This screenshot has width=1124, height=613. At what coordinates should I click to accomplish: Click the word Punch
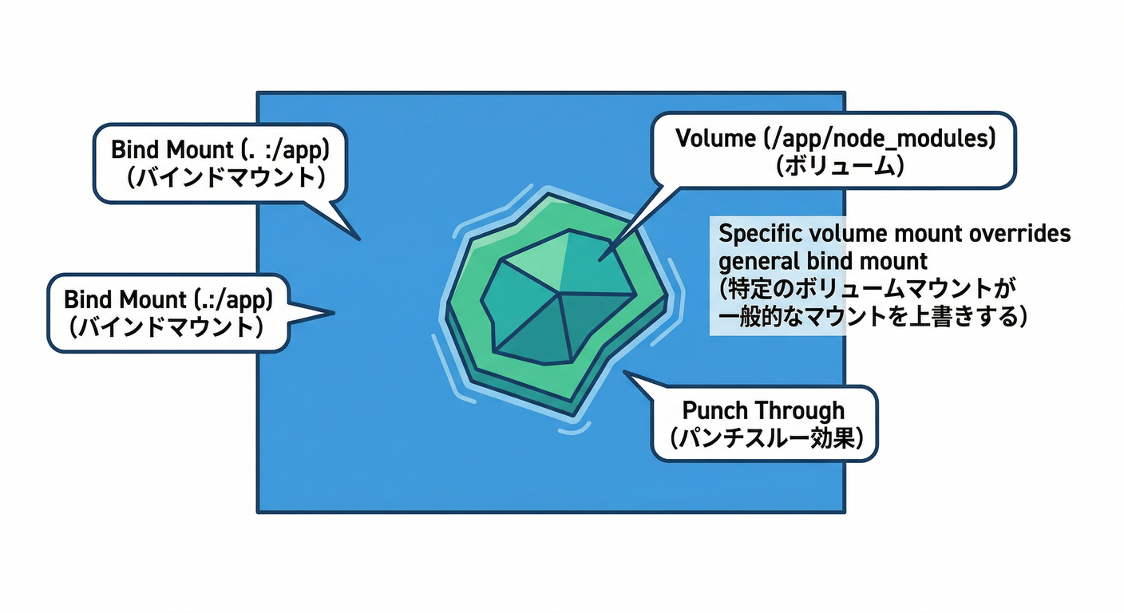(713, 411)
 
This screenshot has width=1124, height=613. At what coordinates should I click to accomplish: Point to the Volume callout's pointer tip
(599, 258)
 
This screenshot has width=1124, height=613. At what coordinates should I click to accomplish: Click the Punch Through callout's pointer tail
(626, 372)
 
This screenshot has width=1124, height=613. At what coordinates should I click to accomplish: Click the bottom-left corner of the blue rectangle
(257, 512)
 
